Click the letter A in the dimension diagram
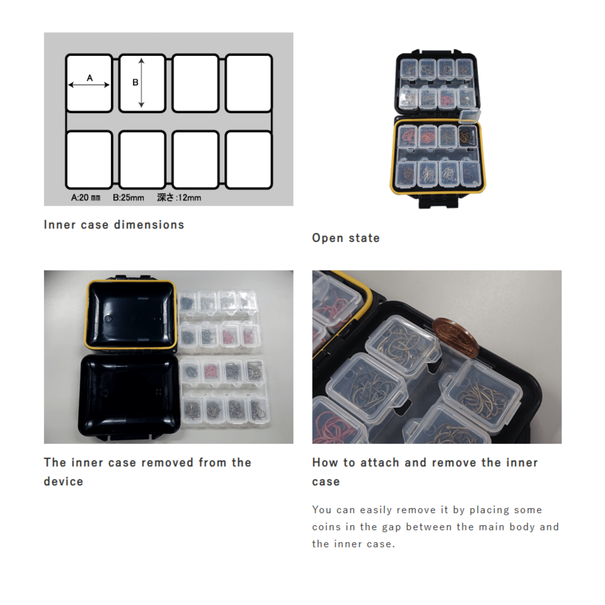point(90,78)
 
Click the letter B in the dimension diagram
point(135,82)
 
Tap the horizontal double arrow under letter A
point(89,85)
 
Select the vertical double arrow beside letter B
point(142,83)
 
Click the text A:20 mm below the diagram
point(86,198)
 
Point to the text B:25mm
point(128,198)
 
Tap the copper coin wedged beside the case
point(456,338)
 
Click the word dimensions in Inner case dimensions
point(149,225)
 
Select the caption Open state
point(346,238)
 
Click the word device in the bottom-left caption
point(64,482)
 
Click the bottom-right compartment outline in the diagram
point(249,160)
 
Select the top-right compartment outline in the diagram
point(249,83)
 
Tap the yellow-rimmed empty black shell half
point(130,315)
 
